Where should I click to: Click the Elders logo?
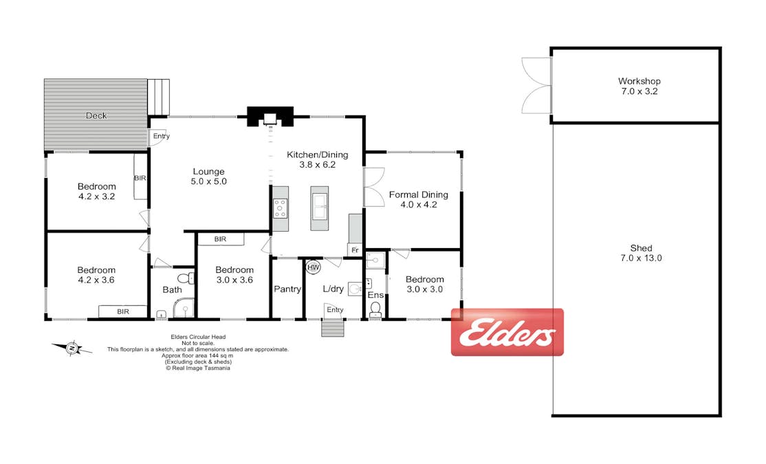[507, 332]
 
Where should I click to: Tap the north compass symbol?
[72, 348]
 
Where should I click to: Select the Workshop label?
[639, 81]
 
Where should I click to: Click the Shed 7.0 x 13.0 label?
[641, 253]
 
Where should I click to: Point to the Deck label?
[96, 115]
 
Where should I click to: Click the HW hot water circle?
[313, 267]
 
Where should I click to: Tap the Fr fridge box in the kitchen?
[355, 250]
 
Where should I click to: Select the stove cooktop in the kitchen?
[281, 208]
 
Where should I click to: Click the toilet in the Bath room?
[186, 278]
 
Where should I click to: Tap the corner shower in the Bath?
[184, 309]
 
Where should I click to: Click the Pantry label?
[287, 289]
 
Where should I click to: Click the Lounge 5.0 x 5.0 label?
[208, 176]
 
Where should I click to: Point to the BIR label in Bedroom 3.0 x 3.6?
[220, 239]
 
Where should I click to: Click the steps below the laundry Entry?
[333, 328]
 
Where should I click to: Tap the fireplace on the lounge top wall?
[270, 117]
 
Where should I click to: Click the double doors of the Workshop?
[536, 86]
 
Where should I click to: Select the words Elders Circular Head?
[198, 337]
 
